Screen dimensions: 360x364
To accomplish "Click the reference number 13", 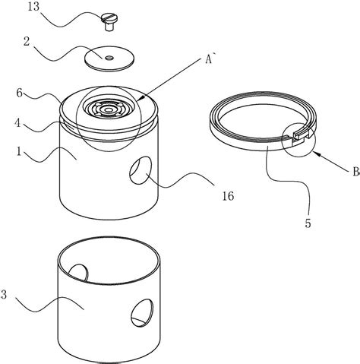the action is coord(33,7).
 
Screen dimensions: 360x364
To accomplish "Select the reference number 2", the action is coord(27,42).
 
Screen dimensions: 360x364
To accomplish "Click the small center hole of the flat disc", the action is coord(109,59).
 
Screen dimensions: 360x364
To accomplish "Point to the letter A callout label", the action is coord(209,59).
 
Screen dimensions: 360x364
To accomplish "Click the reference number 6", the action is coord(20,93).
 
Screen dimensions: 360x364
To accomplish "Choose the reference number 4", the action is coord(17,123).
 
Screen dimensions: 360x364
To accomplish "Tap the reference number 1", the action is coord(19,151).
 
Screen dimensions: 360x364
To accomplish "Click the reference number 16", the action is coord(228,196).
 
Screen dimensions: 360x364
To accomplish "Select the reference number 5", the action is coord(308,223).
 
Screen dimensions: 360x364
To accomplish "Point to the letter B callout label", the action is coord(355,173).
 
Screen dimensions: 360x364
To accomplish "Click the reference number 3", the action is coord(4,295).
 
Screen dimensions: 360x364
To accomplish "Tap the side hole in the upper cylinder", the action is coord(141,170).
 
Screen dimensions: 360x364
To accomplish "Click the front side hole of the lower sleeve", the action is coord(142,312).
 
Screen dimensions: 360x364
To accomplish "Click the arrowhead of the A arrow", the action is coord(140,98).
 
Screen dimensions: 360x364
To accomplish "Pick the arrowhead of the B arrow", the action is coord(317,154).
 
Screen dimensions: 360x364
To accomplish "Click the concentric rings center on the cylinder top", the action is coord(109,109).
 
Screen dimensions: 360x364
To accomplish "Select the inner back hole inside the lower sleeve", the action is coord(79,273).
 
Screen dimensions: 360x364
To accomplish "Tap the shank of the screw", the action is coord(109,27).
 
